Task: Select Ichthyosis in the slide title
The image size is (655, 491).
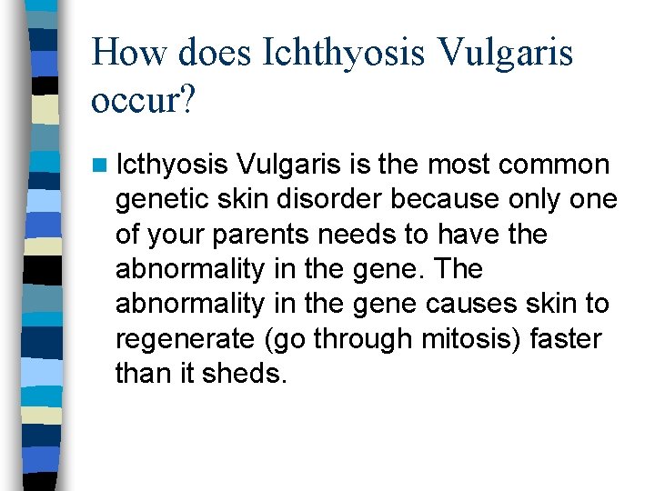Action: pyautogui.click(x=344, y=53)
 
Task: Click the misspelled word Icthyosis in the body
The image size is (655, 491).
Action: pyautogui.click(x=172, y=165)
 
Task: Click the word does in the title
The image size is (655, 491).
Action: pyautogui.click(x=214, y=53)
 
